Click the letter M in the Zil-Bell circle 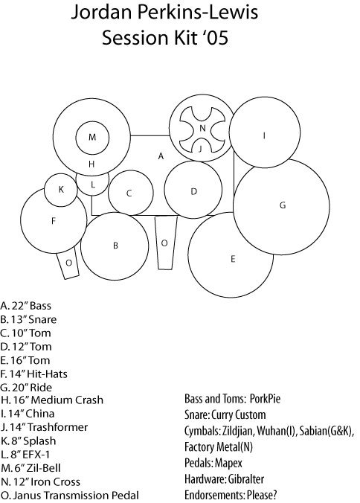pos(92,138)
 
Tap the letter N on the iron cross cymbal pos(202,128)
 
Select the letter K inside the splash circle pos(61,190)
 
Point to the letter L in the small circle pos(93,185)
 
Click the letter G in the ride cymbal pos(283,205)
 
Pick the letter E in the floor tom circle pos(233,259)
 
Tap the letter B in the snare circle pos(115,246)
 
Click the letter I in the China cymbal pos(264,135)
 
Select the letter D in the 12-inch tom pos(193,191)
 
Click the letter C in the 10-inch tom pos(129,193)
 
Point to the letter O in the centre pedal pos(164,243)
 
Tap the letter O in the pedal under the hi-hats pos(68,263)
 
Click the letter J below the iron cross pos(200,149)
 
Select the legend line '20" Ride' pos(26,388)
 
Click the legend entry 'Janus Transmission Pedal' pos(70,496)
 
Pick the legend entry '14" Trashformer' pos(44,427)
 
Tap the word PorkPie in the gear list pos(265,399)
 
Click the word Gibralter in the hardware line pos(246,479)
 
